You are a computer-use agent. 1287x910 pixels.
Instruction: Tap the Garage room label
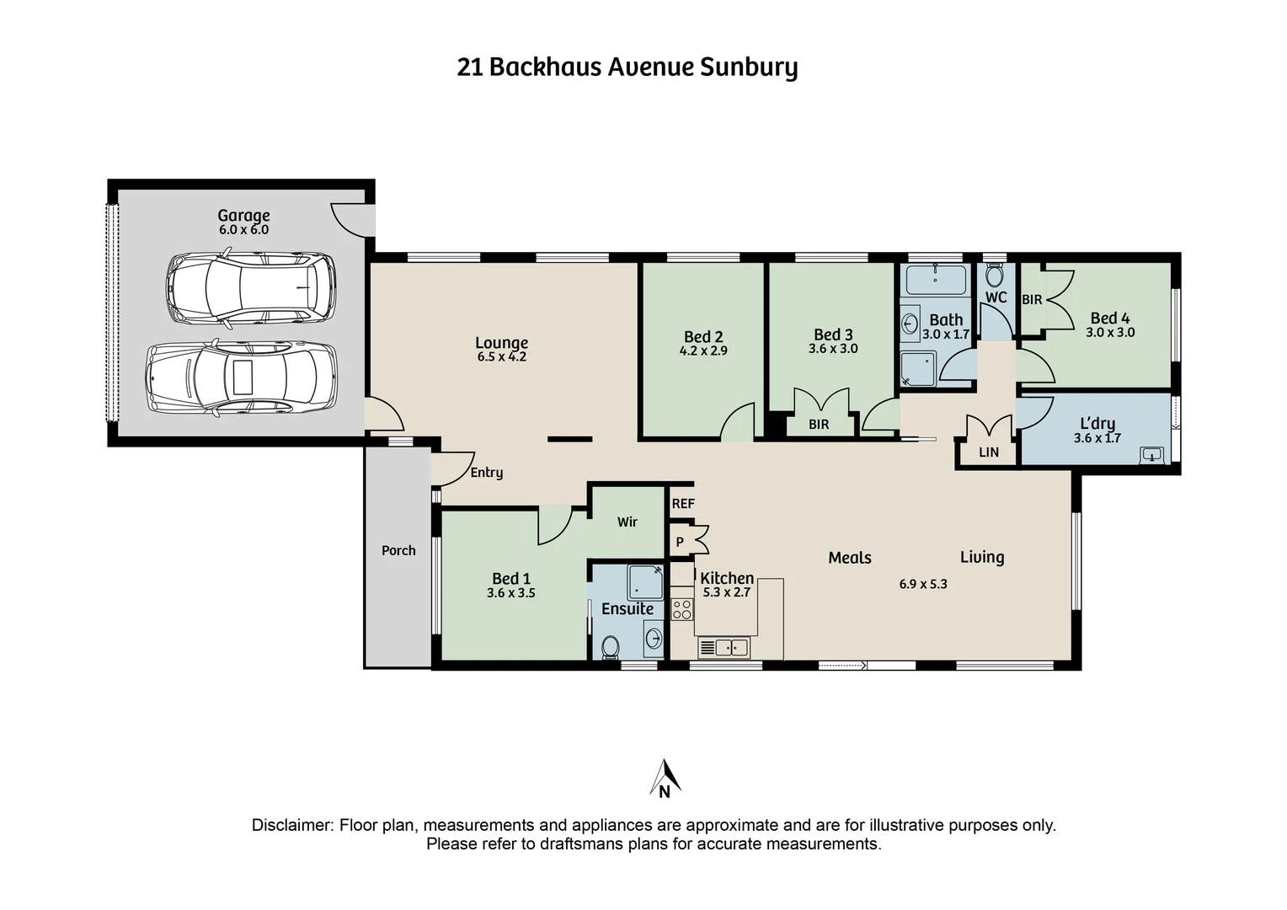tap(243, 216)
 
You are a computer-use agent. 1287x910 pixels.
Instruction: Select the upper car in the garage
tap(251, 288)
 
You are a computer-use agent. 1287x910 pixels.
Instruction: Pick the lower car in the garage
tap(242, 377)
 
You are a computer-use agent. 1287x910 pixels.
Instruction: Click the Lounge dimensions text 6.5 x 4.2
tap(502, 357)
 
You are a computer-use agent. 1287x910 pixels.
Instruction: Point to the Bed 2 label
tap(703, 337)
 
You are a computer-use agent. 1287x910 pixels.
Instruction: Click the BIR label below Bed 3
tap(819, 425)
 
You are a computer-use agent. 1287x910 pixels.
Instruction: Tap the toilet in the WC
tap(995, 275)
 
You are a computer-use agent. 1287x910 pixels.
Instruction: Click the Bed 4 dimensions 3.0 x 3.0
tap(1110, 333)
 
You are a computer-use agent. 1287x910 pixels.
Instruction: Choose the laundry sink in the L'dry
tap(1151, 456)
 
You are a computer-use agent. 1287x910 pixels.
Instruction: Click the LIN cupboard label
tap(989, 452)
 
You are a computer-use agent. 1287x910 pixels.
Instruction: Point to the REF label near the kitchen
tap(683, 504)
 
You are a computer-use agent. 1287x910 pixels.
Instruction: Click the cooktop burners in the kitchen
tap(682, 609)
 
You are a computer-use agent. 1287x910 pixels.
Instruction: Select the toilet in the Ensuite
tap(611, 646)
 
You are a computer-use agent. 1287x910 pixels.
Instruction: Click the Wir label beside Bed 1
tap(627, 522)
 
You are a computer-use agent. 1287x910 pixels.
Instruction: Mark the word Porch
tap(398, 551)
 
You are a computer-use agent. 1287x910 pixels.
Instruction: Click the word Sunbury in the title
tap(749, 67)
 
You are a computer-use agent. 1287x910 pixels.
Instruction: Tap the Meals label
tap(850, 558)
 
